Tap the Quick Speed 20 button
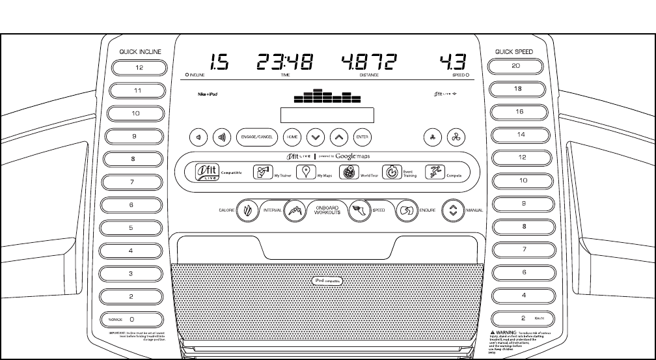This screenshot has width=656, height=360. coord(516,66)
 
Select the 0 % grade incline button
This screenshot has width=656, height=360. coord(131,320)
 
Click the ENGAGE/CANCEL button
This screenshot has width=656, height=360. coord(256,137)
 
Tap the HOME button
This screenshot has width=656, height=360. coord(292,137)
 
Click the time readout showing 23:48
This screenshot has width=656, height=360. coord(284,62)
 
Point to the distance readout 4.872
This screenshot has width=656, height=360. coord(368,62)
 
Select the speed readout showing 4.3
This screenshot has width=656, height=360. coord(452,62)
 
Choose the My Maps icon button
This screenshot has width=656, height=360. coord(303,173)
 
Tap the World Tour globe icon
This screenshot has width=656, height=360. coord(348,173)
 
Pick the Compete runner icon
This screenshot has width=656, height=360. coord(435,173)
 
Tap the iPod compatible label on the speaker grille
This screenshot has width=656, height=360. coord(327,281)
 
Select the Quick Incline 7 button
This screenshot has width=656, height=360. coord(131,182)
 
